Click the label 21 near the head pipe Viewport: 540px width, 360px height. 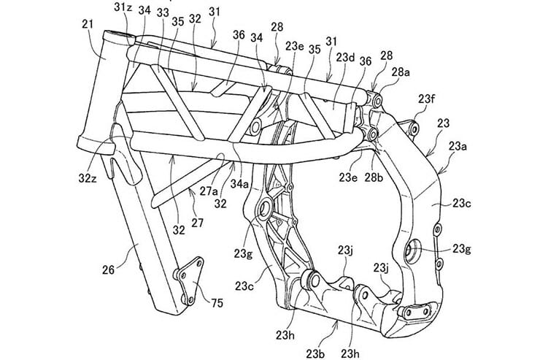pyautogui.click(x=88, y=26)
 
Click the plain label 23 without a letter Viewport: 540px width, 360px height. pyautogui.click(x=443, y=124)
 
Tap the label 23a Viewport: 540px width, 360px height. pyautogui.click(x=458, y=147)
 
